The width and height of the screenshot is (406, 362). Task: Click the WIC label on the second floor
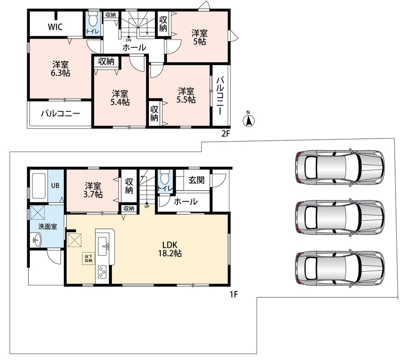click(55, 27)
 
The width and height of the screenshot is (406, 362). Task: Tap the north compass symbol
click(248, 119)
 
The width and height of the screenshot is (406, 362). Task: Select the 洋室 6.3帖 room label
click(60, 69)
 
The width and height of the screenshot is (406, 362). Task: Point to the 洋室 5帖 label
click(199, 37)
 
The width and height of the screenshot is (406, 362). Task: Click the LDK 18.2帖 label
click(170, 249)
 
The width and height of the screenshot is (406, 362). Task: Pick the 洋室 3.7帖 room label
click(93, 190)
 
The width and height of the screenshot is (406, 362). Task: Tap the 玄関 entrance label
click(196, 180)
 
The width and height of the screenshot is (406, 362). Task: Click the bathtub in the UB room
click(38, 186)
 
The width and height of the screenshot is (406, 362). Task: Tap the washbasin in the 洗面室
click(37, 240)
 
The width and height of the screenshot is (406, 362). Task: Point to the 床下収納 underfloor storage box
click(88, 258)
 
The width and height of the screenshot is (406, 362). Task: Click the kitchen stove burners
click(102, 272)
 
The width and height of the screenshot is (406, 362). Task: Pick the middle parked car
click(339, 217)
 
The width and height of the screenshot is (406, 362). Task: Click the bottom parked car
click(339, 268)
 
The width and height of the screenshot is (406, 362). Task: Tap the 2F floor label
click(225, 133)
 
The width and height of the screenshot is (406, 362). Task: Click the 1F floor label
click(234, 294)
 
